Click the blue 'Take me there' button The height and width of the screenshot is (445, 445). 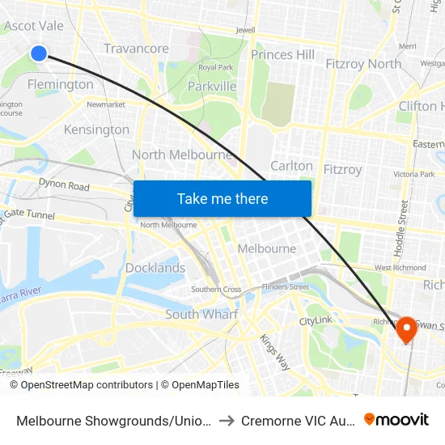pos(222,198)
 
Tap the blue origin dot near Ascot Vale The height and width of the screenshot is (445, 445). pos(39,53)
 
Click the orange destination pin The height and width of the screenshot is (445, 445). pos(406,328)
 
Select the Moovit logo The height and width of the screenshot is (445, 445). pos(396,420)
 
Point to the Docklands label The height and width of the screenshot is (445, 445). pos(155,268)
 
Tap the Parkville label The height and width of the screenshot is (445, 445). pos(212,86)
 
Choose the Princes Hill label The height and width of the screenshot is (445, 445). pos(282,55)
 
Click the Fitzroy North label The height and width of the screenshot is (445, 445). pos(362,64)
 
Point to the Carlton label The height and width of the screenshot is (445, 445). pos(291,166)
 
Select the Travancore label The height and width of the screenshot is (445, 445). pos(136,49)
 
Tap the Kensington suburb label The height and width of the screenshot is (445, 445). pos(96,129)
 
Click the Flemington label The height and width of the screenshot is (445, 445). pos(60,84)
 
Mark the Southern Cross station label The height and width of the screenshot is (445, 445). pos(216,289)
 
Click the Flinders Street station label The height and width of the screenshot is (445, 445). pos(284,286)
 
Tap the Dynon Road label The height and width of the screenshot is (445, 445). pos(64,185)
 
